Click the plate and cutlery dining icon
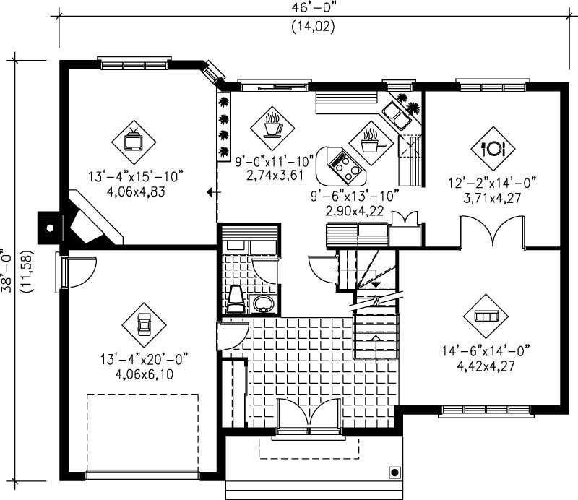[x=491, y=149]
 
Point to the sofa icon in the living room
[x=485, y=316]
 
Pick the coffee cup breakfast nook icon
[x=272, y=125]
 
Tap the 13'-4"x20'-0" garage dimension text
[x=144, y=358]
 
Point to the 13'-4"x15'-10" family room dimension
[x=137, y=176]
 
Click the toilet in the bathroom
[x=236, y=299]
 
